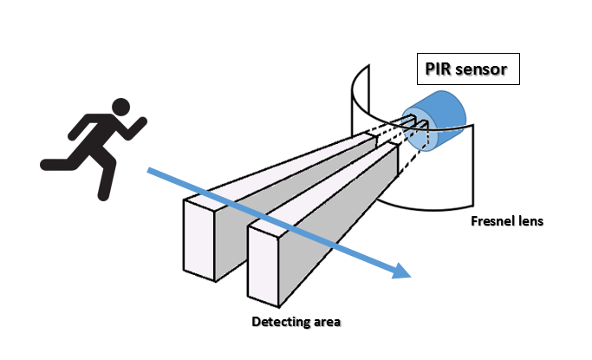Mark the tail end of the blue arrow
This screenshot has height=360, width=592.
[149, 171]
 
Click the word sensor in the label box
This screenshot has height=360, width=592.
[483, 68]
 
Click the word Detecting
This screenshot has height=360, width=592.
[280, 323]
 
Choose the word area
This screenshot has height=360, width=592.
[327, 323]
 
